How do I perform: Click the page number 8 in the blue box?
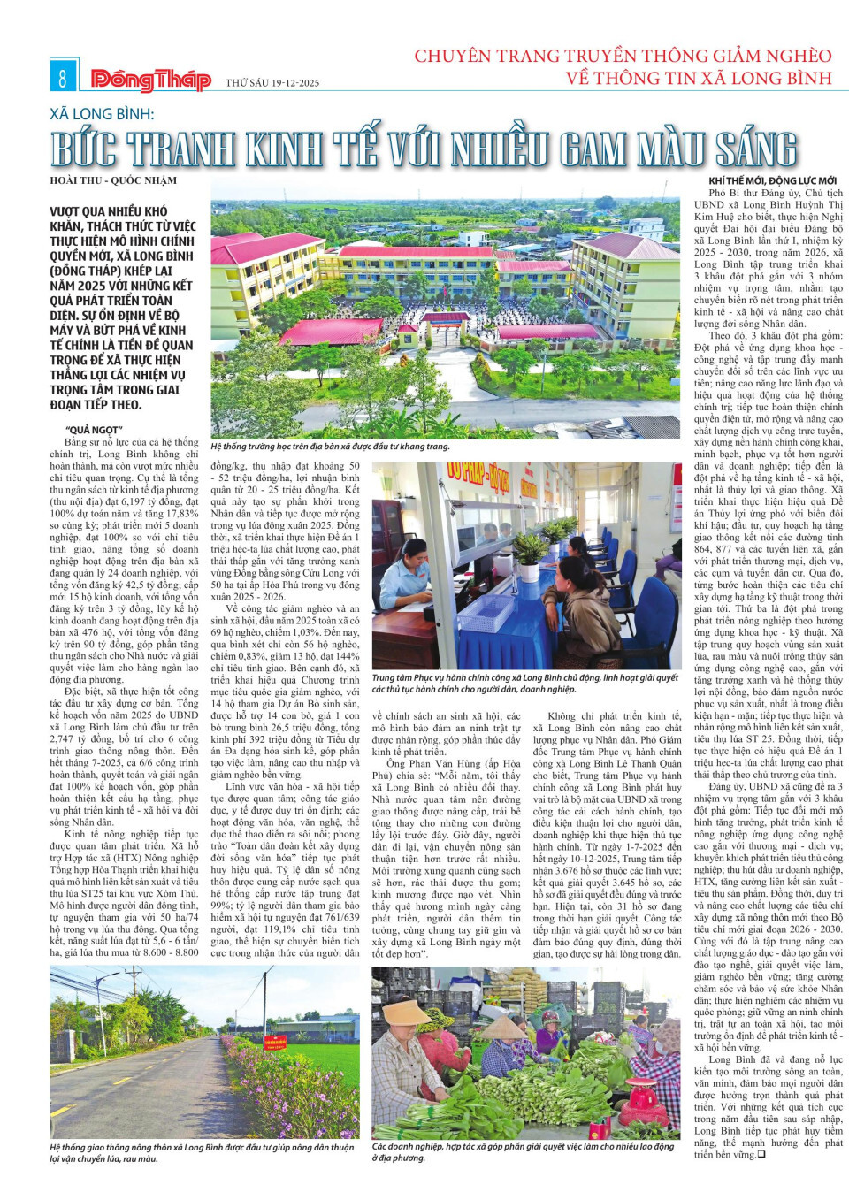tap(62, 78)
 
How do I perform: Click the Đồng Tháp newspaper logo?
tap(150, 80)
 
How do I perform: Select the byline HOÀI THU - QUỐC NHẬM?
tap(113, 181)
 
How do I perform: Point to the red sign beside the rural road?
tap(296, 1030)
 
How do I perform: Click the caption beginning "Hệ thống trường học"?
tap(330, 447)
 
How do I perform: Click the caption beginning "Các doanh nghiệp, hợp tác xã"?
tap(523, 1151)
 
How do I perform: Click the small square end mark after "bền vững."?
tap(761, 1154)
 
